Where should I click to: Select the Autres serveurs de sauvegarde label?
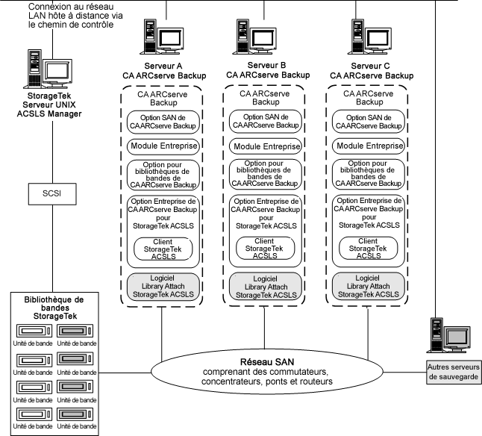[454, 372]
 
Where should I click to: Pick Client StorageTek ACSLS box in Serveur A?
[162, 249]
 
